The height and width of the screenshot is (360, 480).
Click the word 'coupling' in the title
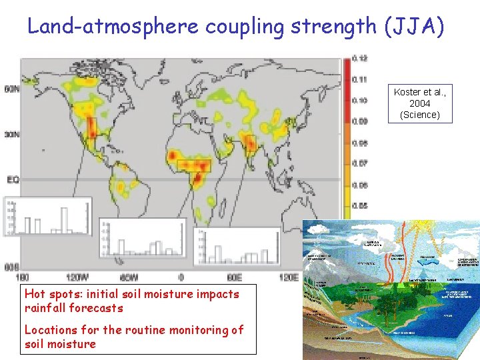tap(244, 26)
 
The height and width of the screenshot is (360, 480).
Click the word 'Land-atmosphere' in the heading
tap(113, 26)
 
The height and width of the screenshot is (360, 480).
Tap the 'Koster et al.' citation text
tap(419, 92)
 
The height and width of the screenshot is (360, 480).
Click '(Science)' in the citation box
tap(419, 115)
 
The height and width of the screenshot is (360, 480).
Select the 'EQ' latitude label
tap(12, 179)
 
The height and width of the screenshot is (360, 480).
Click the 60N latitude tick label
tap(11, 89)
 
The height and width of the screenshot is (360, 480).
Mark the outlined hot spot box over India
tap(250, 143)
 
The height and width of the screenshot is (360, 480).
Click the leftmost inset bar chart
tap(47, 216)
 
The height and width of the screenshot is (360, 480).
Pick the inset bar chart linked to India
tap(237, 247)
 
